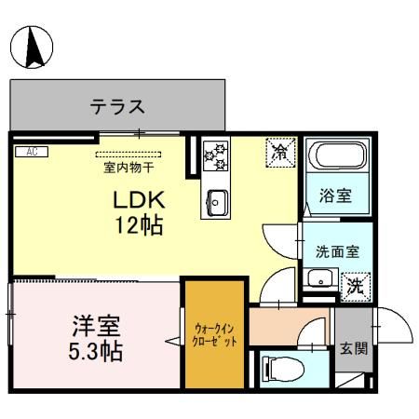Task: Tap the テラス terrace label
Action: [x=116, y=106]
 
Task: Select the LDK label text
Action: [x=139, y=200]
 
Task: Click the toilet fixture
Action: [x=279, y=369]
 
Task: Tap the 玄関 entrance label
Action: [x=353, y=349]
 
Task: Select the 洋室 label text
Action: [x=96, y=328]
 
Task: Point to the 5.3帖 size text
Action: [x=96, y=353]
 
